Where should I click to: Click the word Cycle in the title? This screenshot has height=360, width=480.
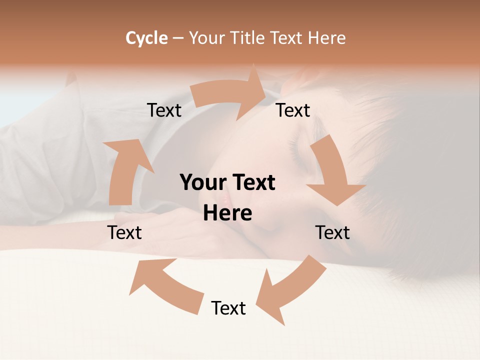tap(146, 38)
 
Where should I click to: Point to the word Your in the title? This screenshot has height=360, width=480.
tap(206, 38)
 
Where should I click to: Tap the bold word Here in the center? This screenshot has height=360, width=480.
tap(227, 213)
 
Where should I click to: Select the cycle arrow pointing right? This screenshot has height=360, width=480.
tap(230, 95)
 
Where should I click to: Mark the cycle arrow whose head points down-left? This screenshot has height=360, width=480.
tap(290, 290)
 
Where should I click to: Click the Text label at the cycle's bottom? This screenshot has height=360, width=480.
tap(228, 308)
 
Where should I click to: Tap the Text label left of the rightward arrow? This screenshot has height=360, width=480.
tap(164, 110)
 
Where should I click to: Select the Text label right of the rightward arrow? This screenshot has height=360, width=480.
tap(293, 110)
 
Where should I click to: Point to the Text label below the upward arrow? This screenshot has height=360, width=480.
tap(124, 232)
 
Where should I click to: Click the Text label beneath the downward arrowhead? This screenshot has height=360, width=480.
tap(332, 232)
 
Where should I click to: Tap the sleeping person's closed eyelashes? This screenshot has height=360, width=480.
tap(300, 145)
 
